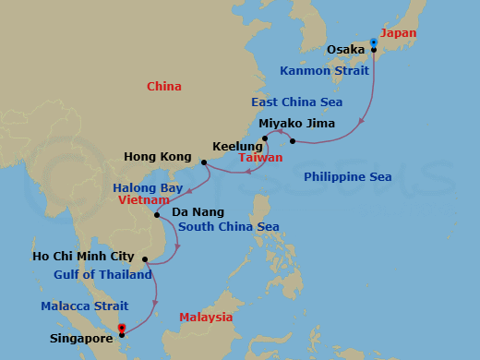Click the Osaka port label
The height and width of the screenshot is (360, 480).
point(346,49)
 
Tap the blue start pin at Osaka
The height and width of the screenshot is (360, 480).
point(374,42)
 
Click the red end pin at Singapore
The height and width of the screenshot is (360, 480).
point(122,327)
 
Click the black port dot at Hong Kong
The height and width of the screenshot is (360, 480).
point(204,162)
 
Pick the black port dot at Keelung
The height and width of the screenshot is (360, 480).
point(265,139)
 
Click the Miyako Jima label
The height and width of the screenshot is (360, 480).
point(296,123)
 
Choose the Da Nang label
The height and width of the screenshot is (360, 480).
point(194,211)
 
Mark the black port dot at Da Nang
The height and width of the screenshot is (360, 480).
point(158,215)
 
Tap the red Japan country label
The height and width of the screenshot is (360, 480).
point(399,33)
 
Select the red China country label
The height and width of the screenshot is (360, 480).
point(163,87)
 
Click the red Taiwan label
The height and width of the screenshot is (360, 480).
point(260,159)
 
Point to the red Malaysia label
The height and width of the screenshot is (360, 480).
point(206,317)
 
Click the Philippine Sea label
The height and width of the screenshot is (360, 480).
point(347,176)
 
